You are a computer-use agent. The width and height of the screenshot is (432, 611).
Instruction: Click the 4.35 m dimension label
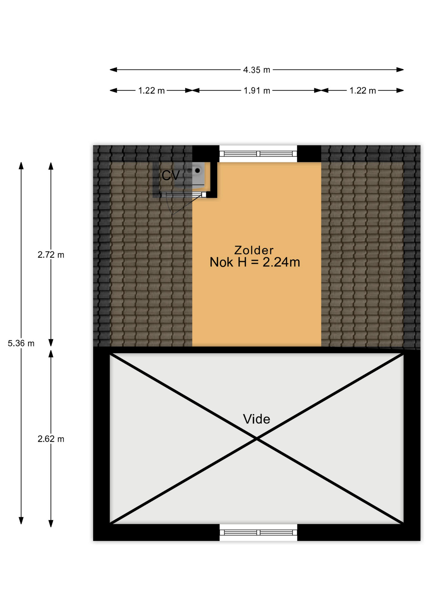(x=256, y=70)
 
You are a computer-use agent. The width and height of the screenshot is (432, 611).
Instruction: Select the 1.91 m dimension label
(x=257, y=91)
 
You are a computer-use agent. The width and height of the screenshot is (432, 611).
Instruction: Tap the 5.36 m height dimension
(x=21, y=343)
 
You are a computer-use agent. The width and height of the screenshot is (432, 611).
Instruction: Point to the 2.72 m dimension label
(x=51, y=255)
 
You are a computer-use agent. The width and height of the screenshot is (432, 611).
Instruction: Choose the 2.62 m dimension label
(x=51, y=439)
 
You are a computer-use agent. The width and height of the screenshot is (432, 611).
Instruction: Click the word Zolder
(x=254, y=250)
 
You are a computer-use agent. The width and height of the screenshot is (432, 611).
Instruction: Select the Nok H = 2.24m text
(x=255, y=262)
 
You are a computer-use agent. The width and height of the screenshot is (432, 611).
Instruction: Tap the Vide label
(x=256, y=419)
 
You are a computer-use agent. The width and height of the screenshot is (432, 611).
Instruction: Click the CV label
(x=171, y=175)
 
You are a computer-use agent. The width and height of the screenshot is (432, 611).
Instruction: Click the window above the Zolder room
(x=258, y=154)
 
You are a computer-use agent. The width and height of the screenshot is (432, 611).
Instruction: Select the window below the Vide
(x=258, y=532)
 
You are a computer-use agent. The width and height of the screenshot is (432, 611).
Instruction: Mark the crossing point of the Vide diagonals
(x=257, y=439)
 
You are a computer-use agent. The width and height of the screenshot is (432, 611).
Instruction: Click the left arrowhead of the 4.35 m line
(x=113, y=70)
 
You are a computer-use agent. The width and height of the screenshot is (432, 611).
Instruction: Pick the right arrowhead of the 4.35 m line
(x=400, y=70)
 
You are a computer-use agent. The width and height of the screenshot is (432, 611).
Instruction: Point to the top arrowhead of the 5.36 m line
(x=21, y=165)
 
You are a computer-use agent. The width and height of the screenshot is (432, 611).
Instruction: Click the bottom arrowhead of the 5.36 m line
(x=21, y=520)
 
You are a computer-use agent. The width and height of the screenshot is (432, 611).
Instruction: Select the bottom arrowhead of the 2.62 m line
(x=51, y=523)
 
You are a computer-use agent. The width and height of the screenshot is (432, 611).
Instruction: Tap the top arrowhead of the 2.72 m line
(x=51, y=166)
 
